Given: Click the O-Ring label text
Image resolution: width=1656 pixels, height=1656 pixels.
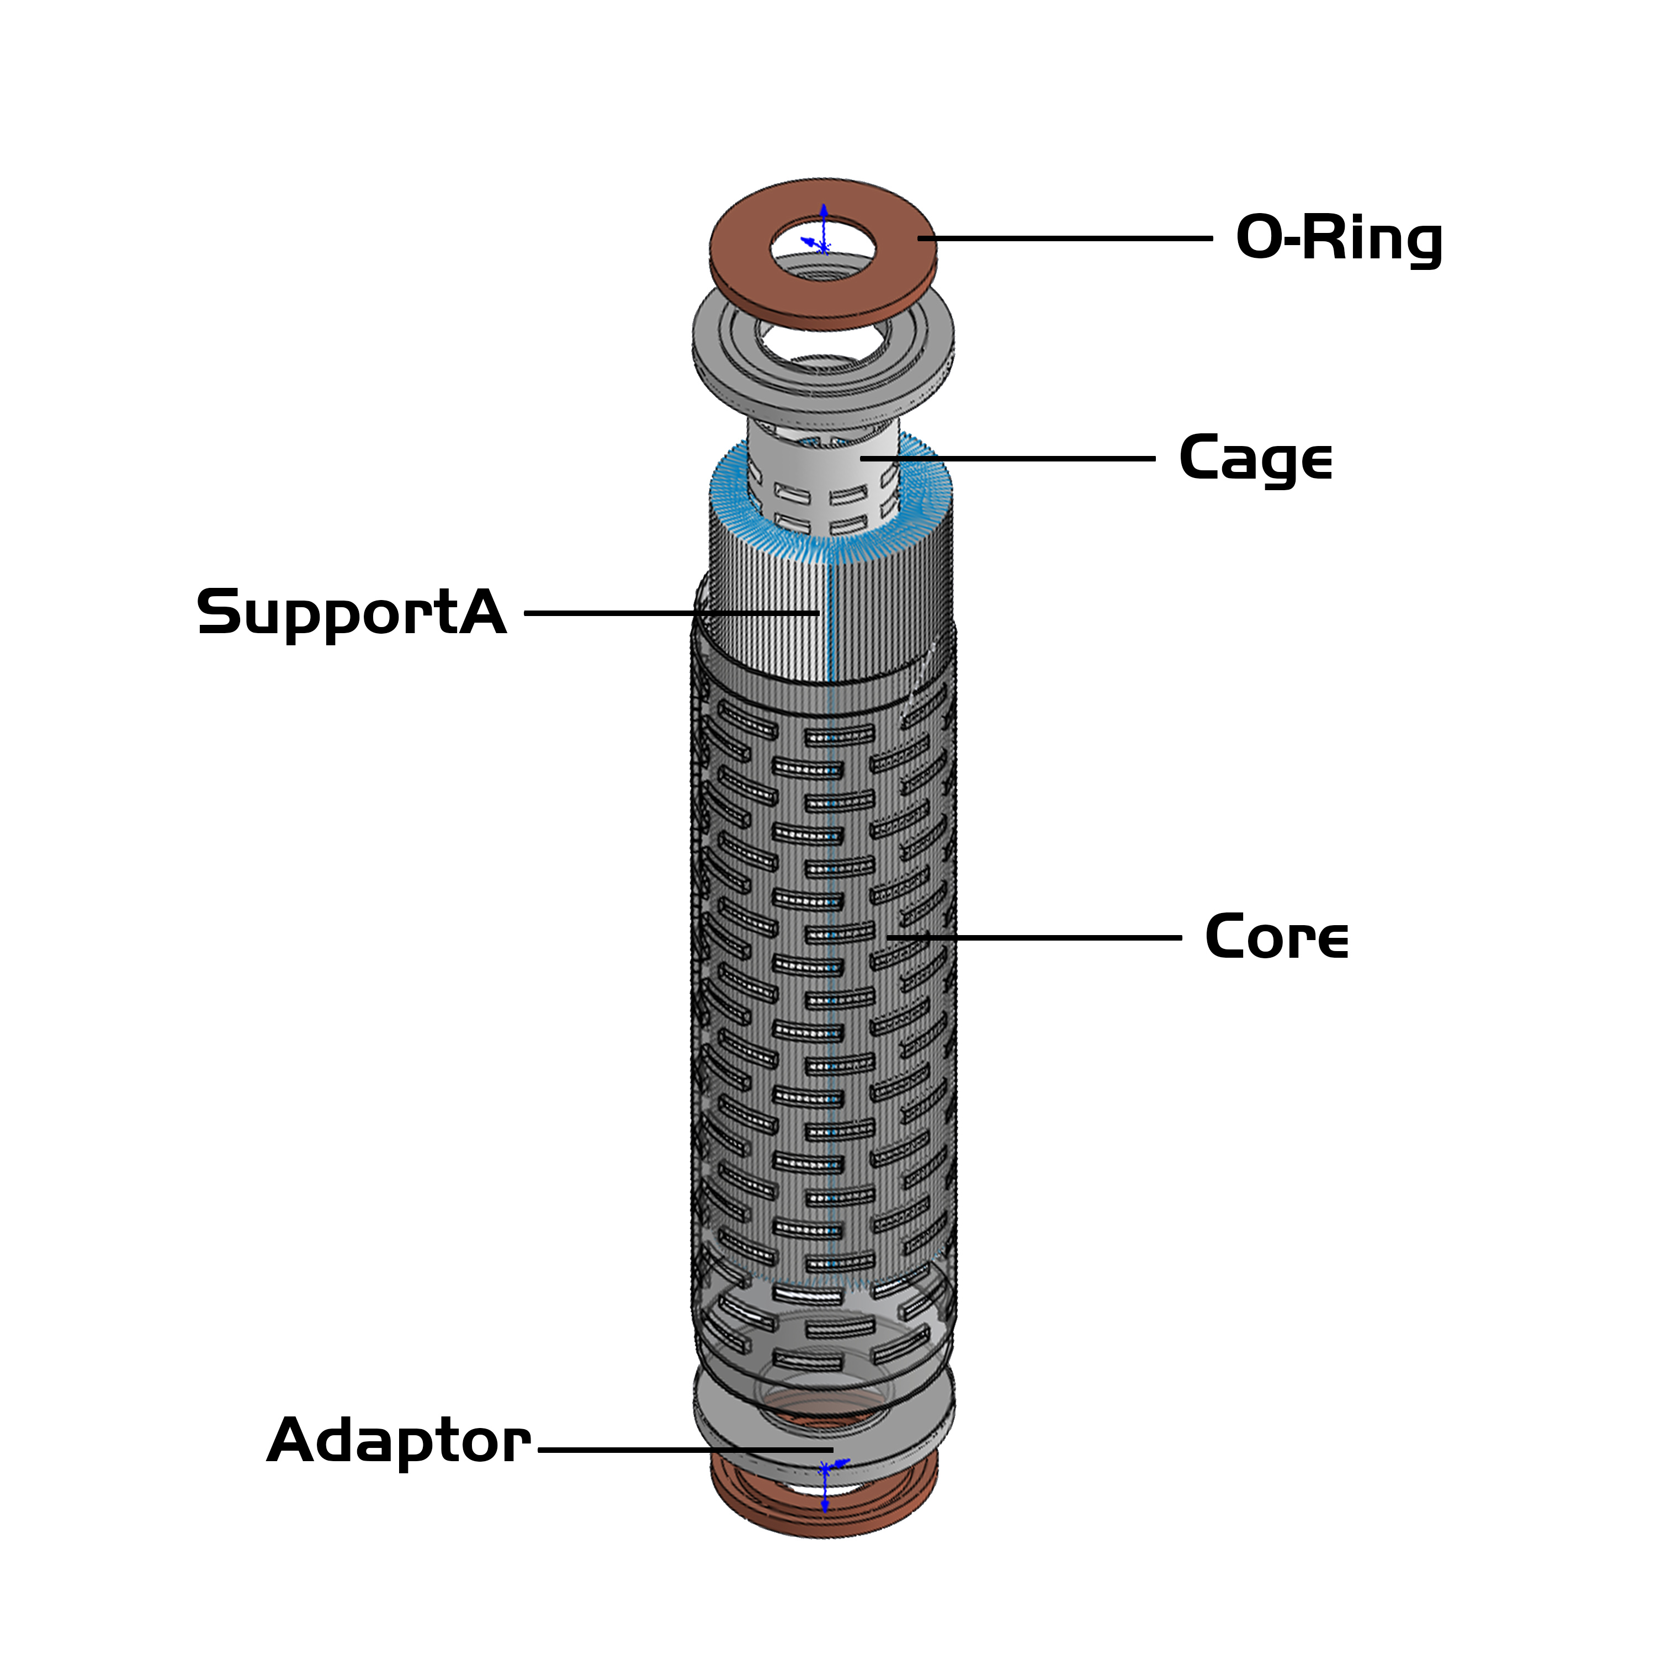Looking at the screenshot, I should coord(1338,238).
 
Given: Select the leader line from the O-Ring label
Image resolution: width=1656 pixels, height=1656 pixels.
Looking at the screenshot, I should coord(1063,238).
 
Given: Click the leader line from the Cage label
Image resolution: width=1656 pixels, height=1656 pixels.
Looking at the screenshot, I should coord(1011,459).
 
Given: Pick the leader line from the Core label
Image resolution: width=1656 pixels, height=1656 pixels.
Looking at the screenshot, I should coord(1037,938).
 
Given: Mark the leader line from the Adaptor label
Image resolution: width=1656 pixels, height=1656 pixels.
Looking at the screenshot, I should coord(686,1450).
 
